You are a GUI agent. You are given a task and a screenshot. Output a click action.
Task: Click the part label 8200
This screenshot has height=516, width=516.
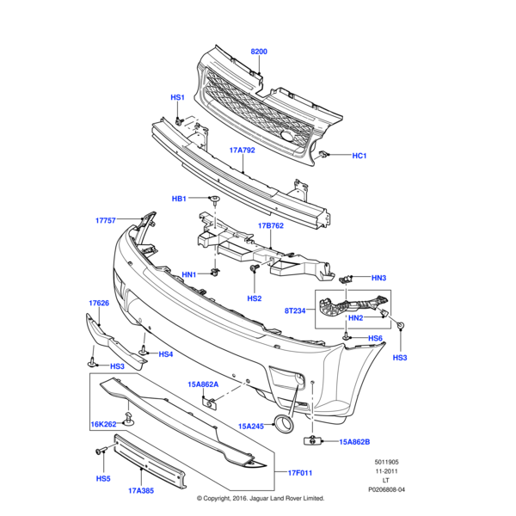(x=259, y=52)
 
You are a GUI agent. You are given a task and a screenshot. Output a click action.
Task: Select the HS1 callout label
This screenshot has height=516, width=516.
(x=177, y=97)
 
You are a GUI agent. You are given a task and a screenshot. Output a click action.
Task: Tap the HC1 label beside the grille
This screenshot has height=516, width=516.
(x=359, y=156)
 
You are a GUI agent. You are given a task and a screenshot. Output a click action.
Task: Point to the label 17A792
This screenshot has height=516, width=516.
(x=242, y=150)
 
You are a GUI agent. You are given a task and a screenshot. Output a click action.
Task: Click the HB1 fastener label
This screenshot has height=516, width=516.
(x=179, y=199)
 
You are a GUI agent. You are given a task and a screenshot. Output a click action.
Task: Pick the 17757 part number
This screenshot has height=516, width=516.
(x=107, y=220)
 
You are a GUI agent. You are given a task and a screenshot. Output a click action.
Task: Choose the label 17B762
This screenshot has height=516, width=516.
(x=271, y=227)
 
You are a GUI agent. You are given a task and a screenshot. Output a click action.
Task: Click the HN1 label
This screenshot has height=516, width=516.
(x=189, y=274)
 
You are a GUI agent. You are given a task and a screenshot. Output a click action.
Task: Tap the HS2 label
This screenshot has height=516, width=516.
(x=254, y=298)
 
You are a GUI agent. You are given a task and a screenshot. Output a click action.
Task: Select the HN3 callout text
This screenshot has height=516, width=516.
(x=379, y=278)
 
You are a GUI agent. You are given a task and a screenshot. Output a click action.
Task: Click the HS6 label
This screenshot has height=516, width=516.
(x=375, y=339)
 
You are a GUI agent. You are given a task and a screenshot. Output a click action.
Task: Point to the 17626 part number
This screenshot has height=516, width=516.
(x=99, y=303)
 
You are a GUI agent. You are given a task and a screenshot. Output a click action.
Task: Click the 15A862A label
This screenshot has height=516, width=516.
(x=204, y=384)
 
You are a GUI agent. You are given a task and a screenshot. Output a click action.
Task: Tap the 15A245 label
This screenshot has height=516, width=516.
(x=251, y=426)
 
